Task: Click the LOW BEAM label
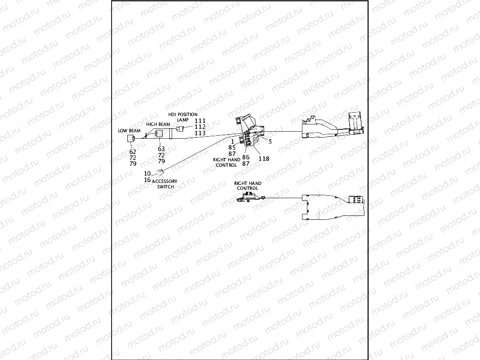coord(129,131)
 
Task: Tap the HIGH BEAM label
coord(158,124)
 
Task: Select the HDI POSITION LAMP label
coord(183,117)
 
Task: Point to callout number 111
coord(200,120)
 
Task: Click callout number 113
coord(200,133)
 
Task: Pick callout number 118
coord(264,158)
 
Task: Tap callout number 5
coord(270,141)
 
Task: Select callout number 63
coord(161,149)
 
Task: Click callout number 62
coord(133,151)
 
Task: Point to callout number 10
coord(147,174)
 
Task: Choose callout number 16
coord(147,180)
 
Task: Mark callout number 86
coord(245,157)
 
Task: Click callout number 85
coord(232,147)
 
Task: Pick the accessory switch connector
coord(160,172)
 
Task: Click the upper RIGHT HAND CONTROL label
coord(227,162)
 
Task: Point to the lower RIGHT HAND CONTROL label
coord(247,186)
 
